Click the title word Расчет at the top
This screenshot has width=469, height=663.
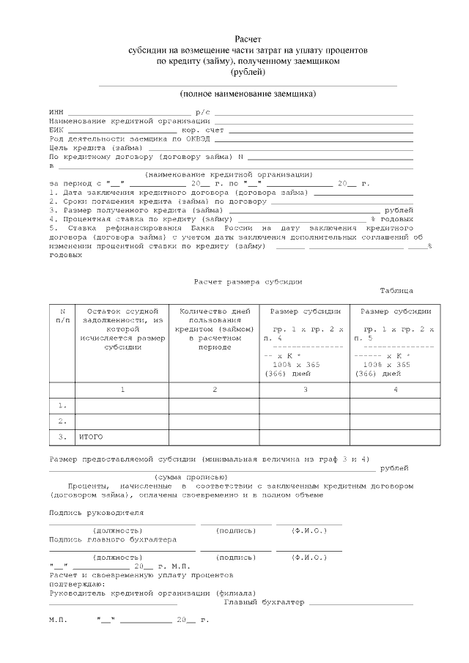click(248, 38)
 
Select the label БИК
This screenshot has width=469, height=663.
click(56, 129)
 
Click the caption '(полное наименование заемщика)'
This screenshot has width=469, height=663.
click(248, 95)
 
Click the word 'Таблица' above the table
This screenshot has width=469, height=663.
click(396, 290)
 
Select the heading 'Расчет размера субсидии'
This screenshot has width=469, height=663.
click(248, 281)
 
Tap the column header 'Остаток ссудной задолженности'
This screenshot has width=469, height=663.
click(122, 329)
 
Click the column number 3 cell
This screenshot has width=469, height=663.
click(304, 388)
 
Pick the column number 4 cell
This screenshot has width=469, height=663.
click(395, 388)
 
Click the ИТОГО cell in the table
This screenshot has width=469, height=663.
click(91, 437)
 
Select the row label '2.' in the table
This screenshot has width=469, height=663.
click(62, 421)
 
